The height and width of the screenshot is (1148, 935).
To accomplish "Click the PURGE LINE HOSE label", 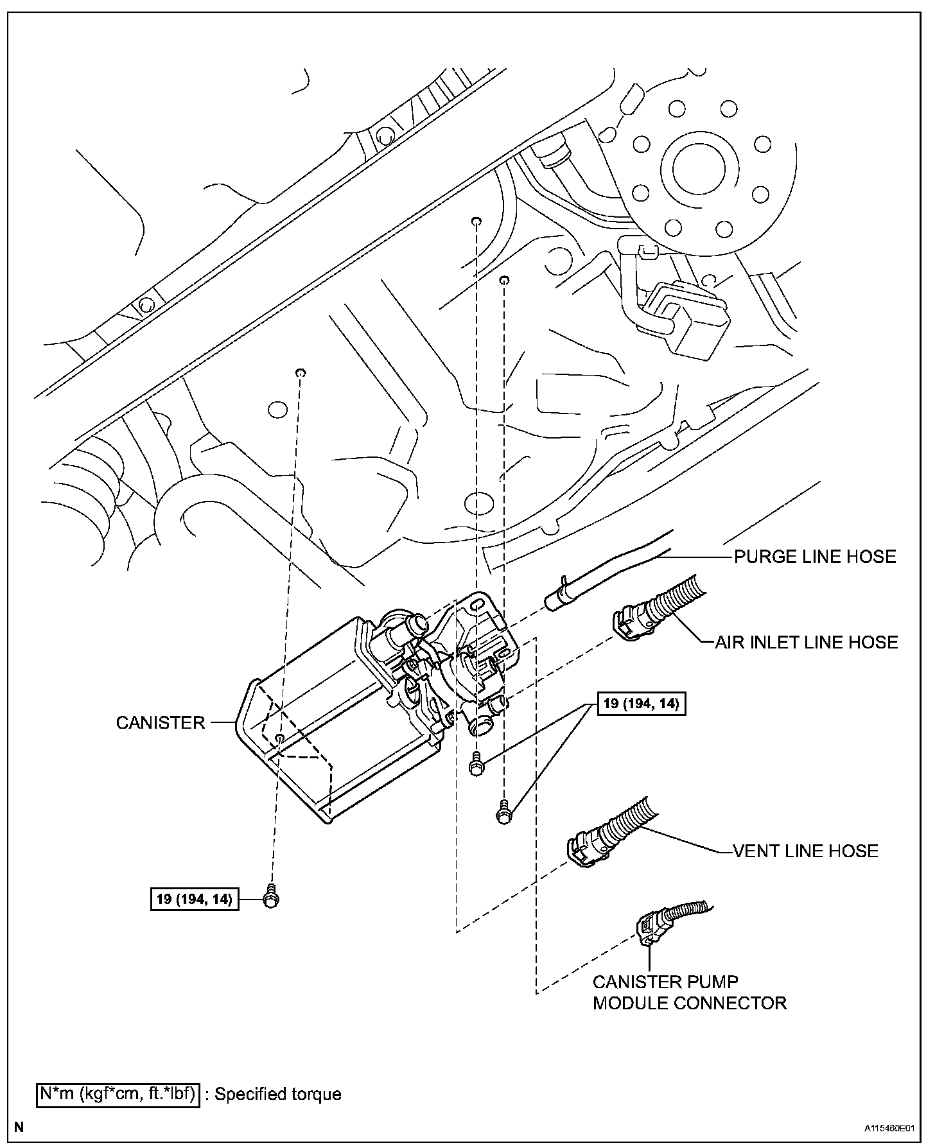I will [815, 556].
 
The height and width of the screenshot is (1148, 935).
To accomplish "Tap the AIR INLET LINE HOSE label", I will [807, 642].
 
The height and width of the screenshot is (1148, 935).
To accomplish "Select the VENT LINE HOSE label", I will [805, 851].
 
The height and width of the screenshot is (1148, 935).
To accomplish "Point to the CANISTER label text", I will [161, 722].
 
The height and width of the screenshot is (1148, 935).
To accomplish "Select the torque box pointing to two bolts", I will [641, 703].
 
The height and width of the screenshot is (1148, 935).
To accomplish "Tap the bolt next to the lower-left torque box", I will [270, 898].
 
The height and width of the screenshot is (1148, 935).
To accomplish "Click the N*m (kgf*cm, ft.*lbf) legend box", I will [117, 1093].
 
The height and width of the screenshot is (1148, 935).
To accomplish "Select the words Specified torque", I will [277, 1093].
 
